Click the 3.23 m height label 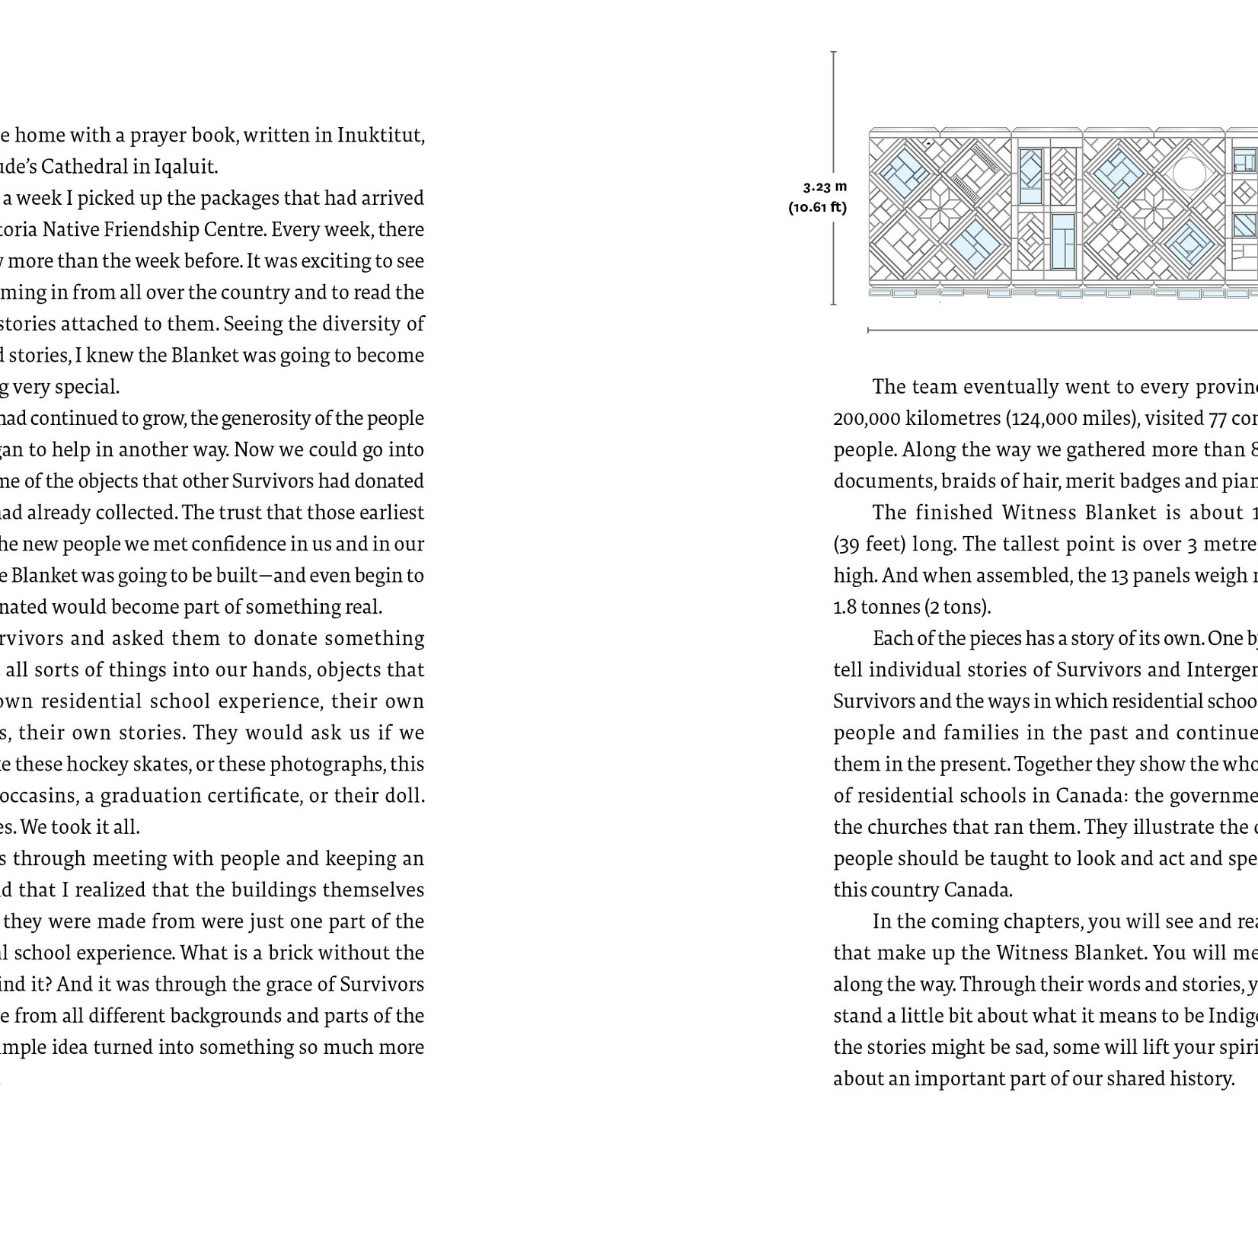click(825, 187)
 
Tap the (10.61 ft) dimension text click(817, 206)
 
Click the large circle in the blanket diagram click(1189, 172)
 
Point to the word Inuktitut click(381, 136)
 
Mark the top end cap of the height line click(833, 52)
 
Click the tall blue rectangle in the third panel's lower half click(1062, 241)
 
